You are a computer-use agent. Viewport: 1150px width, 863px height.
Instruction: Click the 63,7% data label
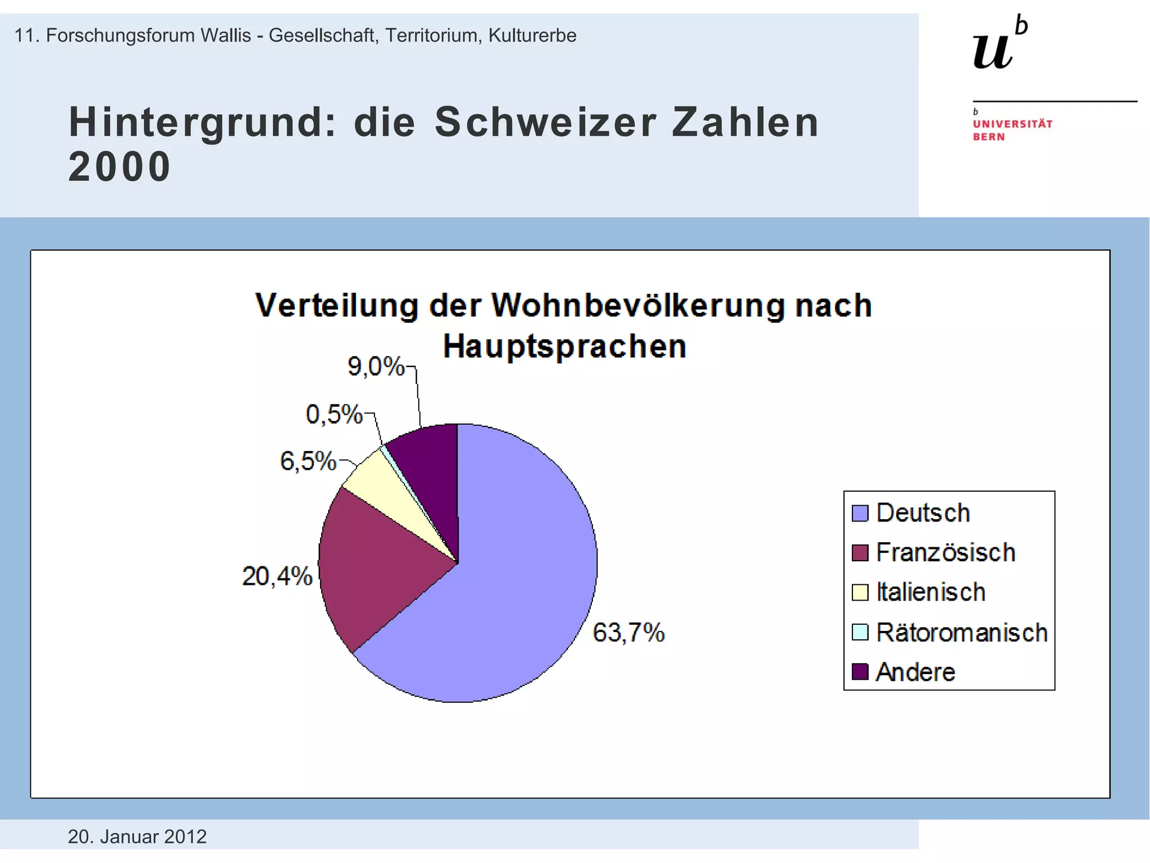(x=628, y=633)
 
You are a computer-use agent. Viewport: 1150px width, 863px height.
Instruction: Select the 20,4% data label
(x=277, y=576)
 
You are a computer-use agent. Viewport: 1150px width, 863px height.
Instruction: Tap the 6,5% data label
(x=308, y=461)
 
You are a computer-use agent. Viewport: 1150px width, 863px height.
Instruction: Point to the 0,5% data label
(x=334, y=415)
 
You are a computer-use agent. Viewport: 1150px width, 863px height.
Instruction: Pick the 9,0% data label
(x=376, y=366)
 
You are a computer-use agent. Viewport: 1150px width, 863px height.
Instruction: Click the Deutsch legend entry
(x=922, y=513)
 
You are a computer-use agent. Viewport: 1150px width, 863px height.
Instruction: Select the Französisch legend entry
(x=945, y=552)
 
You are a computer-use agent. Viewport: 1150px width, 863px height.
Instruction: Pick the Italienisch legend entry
(x=930, y=592)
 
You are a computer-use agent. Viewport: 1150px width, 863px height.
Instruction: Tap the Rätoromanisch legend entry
(x=961, y=633)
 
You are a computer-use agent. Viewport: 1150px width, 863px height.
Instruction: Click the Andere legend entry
(x=915, y=672)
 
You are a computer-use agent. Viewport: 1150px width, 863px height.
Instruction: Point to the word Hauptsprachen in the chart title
(x=564, y=346)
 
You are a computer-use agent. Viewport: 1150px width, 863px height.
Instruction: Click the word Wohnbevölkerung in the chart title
(x=637, y=306)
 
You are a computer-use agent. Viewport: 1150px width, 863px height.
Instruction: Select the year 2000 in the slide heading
(x=119, y=167)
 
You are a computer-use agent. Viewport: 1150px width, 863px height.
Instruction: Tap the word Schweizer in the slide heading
(x=545, y=122)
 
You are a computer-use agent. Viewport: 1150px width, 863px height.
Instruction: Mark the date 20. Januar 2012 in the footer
(x=137, y=837)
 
